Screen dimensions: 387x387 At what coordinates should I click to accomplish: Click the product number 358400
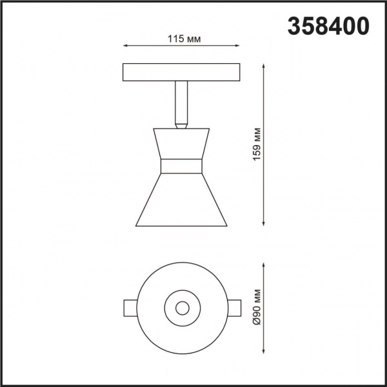pos(327,25)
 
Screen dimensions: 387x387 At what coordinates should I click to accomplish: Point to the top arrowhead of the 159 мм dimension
pos(264,66)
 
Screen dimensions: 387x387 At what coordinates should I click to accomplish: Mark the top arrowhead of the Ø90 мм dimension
pos(264,264)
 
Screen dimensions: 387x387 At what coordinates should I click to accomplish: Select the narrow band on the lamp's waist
pos(182,166)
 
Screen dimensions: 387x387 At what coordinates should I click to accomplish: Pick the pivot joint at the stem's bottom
pos(182,123)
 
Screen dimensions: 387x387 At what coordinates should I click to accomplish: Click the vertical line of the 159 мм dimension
pos(264,144)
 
